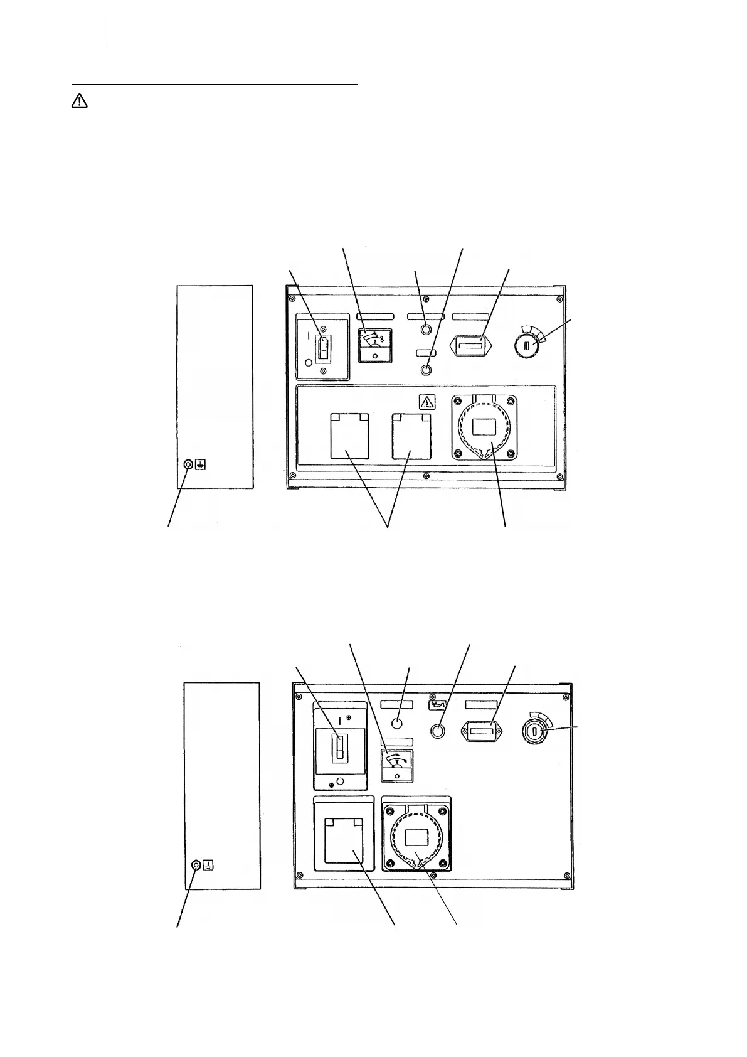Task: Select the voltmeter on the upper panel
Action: pyautogui.click(x=374, y=345)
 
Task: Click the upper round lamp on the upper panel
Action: pyautogui.click(x=426, y=330)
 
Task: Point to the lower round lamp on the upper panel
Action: pyautogui.click(x=426, y=370)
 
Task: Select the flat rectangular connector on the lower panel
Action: pyautogui.click(x=480, y=731)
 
